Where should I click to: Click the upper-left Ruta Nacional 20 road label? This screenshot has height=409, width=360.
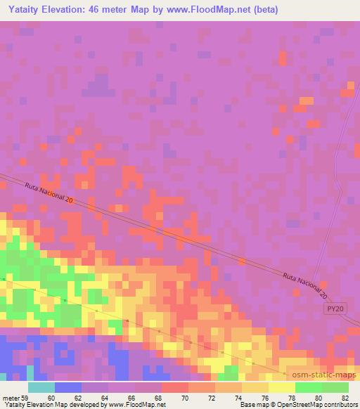coord(49,194)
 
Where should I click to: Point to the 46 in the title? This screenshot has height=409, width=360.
coord(106,10)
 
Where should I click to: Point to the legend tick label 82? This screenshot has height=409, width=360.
coord(349,397)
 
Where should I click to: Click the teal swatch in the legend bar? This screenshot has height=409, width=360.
coord(41,387)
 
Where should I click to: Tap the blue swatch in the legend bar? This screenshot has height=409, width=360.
coord(68,387)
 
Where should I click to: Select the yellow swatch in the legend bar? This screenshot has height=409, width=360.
coord(282,387)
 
